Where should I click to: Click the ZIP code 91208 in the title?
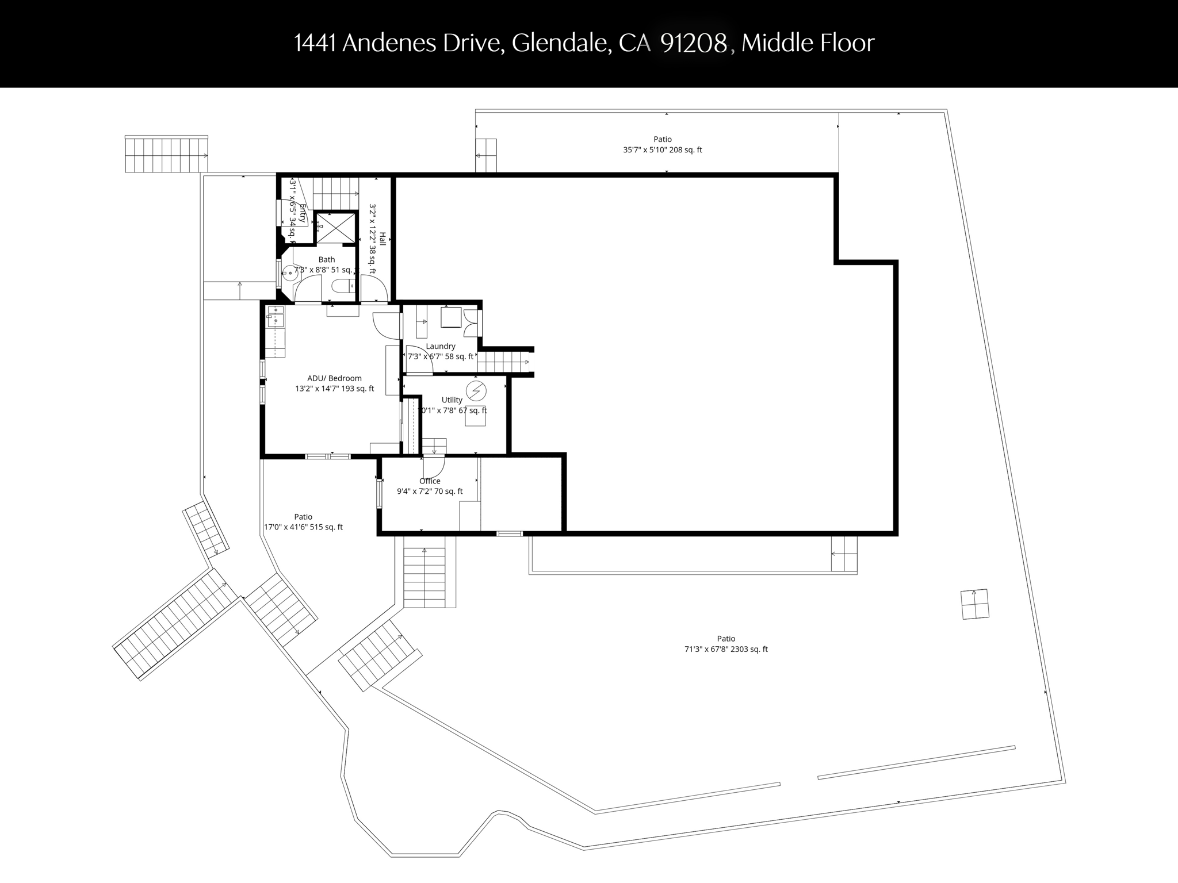click(694, 43)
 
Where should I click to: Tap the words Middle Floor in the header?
click(808, 43)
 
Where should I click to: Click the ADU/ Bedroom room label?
click(334, 378)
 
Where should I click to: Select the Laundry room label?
click(441, 346)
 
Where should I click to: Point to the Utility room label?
click(452, 400)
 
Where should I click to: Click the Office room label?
click(430, 481)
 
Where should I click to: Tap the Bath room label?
click(326, 260)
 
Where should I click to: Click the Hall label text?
click(383, 239)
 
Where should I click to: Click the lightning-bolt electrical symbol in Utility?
click(476, 391)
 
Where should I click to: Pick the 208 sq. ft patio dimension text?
click(663, 150)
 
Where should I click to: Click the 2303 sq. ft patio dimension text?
click(726, 650)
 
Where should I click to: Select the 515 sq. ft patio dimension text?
click(303, 527)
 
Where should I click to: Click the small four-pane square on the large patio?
click(975, 604)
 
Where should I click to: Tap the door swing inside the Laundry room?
click(419, 360)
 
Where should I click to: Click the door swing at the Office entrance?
click(435, 466)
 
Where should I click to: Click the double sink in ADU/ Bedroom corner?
click(276, 317)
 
